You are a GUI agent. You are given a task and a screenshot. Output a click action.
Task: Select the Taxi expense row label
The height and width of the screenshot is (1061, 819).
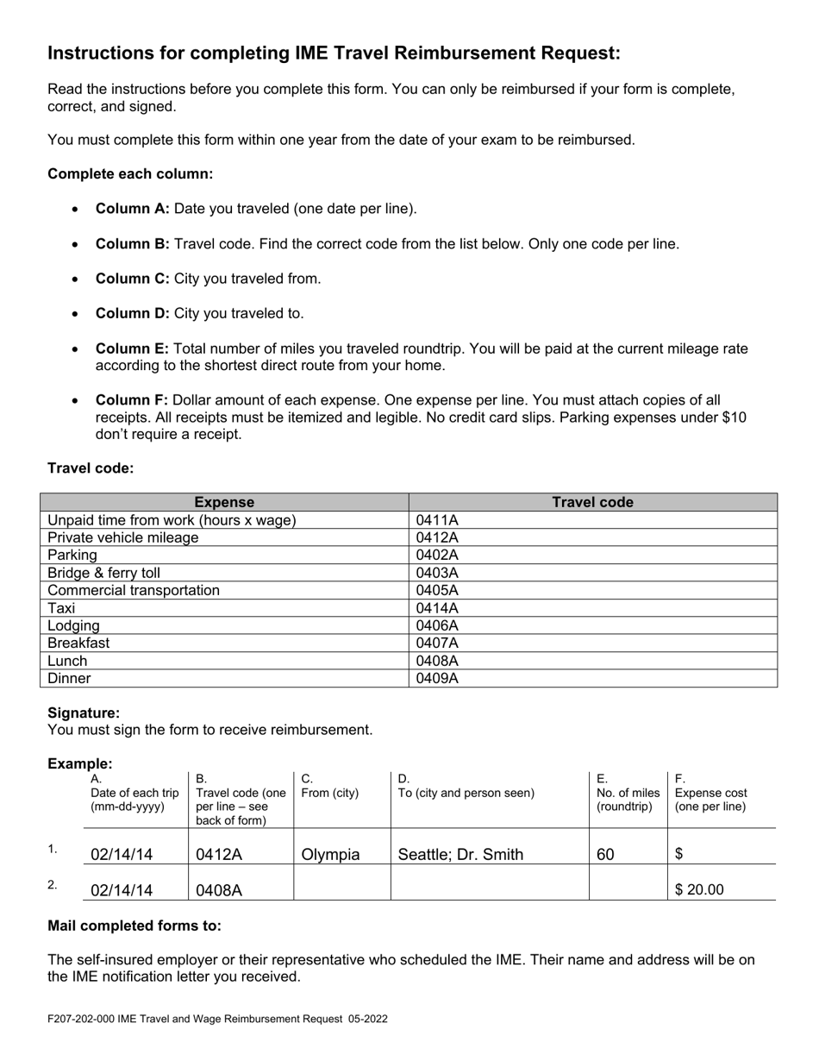tap(61, 608)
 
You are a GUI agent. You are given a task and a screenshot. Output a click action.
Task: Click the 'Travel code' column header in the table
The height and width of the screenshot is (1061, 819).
tap(592, 502)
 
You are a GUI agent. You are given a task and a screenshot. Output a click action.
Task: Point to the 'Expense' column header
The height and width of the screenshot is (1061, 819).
tap(224, 502)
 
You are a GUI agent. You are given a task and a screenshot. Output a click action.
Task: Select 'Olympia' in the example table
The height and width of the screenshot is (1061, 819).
tap(330, 855)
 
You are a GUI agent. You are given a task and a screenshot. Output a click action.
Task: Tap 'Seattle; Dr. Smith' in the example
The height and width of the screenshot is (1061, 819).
tap(460, 855)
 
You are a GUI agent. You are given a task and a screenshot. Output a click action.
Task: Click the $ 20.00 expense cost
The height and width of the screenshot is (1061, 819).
tap(699, 889)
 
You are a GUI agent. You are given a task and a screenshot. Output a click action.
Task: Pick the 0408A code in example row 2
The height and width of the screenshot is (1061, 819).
tap(219, 890)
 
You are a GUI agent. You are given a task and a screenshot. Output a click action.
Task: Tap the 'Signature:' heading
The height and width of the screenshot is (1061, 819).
tap(84, 713)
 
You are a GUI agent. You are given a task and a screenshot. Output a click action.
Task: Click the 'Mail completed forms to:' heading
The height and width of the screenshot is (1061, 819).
tap(134, 926)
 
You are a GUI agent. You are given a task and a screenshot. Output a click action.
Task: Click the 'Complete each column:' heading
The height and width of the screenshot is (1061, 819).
tap(130, 173)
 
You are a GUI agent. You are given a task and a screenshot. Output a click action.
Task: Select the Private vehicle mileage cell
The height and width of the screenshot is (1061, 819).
tap(122, 537)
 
